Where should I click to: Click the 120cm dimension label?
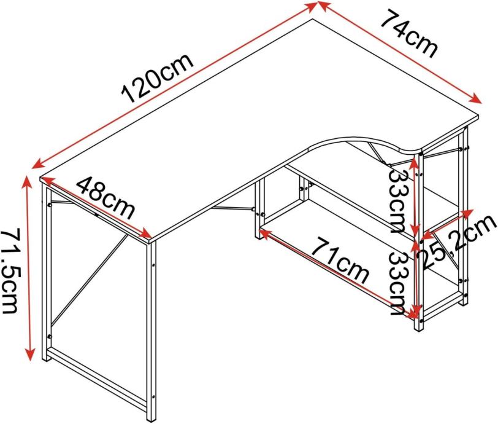pyautogui.click(x=158, y=77)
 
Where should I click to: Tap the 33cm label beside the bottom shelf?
pyautogui.click(x=399, y=282)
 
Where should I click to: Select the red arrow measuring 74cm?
pyautogui.click(x=399, y=53)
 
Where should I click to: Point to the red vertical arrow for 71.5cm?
pyautogui.click(x=28, y=267)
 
